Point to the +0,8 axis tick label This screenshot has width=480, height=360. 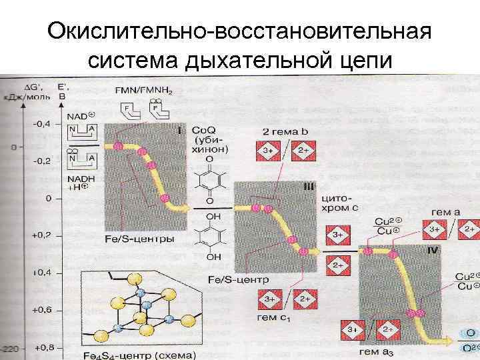click(x=43, y=347)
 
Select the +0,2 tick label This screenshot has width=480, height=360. click(x=43, y=235)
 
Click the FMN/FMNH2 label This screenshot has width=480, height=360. click(x=143, y=90)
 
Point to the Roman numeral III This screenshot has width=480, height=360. click(x=308, y=189)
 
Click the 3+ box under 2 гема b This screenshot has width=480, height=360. click(x=269, y=151)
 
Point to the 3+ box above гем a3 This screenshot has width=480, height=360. click(x=353, y=330)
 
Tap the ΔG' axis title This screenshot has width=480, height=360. click(x=30, y=87)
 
